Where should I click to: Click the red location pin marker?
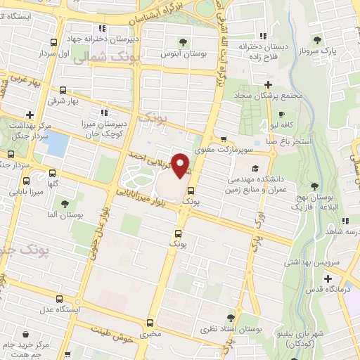(x=181, y=165)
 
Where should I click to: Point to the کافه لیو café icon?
(x=281, y=115)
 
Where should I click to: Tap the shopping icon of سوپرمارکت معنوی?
(x=224, y=139)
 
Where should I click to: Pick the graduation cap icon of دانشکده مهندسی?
(x=255, y=168)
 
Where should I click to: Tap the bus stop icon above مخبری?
(x=149, y=323)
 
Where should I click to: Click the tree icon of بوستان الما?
(x=65, y=204)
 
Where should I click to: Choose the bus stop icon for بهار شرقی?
(x=63, y=91)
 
